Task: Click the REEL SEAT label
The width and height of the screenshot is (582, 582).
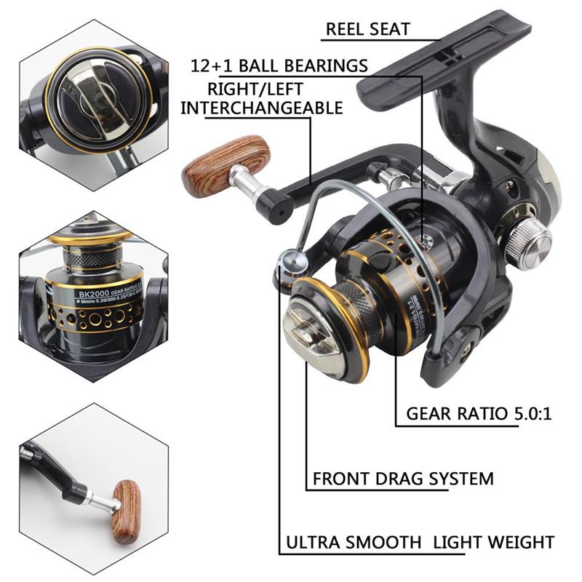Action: pyautogui.click(x=368, y=30)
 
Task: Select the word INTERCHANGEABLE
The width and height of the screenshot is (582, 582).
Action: pyautogui.click(x=262, y=108)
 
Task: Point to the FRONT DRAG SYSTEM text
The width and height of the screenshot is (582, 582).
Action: pyautogui.click(x=403, y=479)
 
